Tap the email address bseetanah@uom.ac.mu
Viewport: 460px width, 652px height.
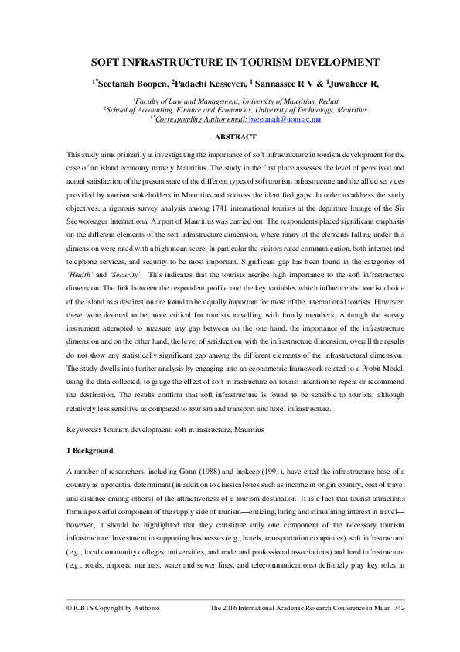pos(290,120)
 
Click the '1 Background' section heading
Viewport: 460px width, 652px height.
pos(90,451)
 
